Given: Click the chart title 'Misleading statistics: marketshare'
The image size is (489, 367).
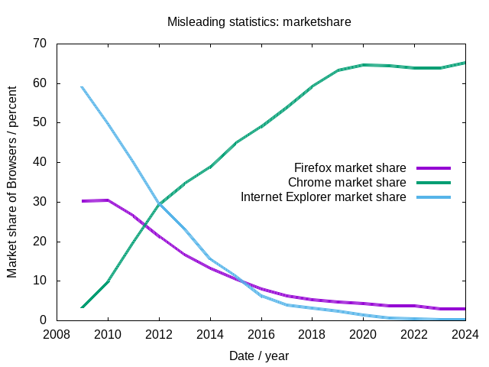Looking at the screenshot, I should point(259,21).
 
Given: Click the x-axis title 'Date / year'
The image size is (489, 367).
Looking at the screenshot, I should point(259,356).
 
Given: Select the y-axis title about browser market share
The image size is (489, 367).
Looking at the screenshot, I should point(13,182).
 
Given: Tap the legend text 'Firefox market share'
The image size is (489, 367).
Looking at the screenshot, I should point(350,167).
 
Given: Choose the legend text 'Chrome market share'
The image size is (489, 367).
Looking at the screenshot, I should point(347,183).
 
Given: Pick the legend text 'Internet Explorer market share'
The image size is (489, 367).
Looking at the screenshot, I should point(323,197).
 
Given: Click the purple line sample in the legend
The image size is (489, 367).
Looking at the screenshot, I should point(433,167).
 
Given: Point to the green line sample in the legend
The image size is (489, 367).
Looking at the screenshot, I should point(433,183).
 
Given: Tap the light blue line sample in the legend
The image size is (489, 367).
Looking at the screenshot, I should point(433,197).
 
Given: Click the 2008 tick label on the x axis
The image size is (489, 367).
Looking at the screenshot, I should point(57,334).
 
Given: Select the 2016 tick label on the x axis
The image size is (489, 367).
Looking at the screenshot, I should point(261,334).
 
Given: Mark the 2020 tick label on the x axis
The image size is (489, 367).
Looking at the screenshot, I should point(363,334).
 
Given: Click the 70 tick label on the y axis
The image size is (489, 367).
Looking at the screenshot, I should point(40,44).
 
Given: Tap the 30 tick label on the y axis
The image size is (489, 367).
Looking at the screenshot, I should point(40,202).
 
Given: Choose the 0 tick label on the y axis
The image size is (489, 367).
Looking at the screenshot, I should point(44,320).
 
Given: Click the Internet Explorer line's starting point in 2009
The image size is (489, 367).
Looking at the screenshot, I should point(82,87).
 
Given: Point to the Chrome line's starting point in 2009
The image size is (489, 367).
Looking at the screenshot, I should point(82,307).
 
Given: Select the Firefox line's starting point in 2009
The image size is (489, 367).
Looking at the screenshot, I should point(82,201).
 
